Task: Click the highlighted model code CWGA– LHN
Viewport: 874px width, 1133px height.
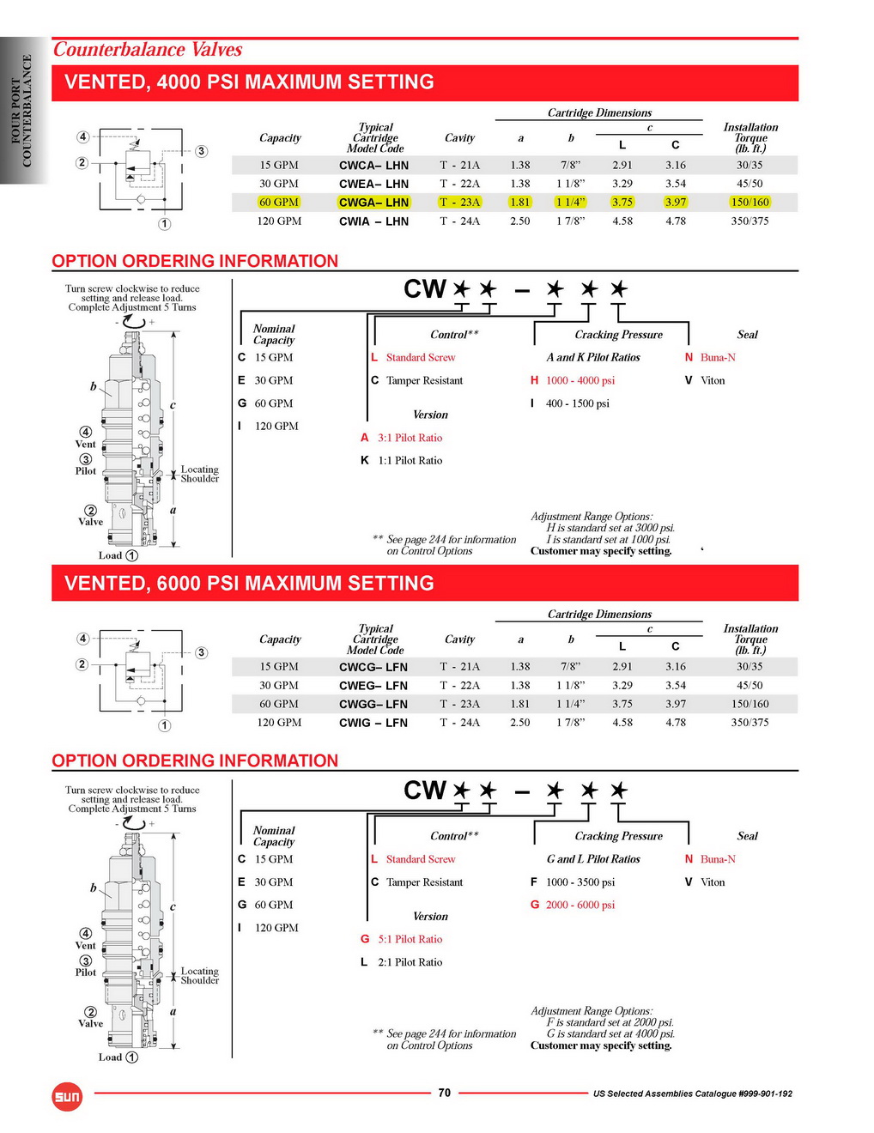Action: [373, 203]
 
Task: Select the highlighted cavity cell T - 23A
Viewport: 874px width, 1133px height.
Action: [459, 203]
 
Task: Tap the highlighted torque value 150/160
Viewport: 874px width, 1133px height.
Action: [750, 203]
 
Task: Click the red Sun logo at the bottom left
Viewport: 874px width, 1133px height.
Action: [67, 1096]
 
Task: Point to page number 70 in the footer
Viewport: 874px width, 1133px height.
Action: [444, 1093]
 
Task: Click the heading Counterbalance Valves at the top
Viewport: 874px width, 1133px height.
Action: [148, 50]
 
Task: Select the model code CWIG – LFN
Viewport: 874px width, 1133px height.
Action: [373, 723]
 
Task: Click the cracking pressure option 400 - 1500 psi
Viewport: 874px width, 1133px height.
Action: [577, 403]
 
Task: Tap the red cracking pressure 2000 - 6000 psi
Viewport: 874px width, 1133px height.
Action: [580, 905]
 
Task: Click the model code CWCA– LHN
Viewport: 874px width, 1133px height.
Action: [373, 166]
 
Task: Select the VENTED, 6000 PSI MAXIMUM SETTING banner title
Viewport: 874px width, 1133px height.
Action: [249, 584]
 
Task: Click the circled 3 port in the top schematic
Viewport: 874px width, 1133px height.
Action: [201, 151]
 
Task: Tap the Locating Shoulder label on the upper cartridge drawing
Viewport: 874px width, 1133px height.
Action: [199, 474]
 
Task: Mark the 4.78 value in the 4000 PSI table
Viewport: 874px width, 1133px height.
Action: [676, 221]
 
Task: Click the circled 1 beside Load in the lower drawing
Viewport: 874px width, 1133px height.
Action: [132, 1057]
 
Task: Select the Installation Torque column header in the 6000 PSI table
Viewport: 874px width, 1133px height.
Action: [750, 639]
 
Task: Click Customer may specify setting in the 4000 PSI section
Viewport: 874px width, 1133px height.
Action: [601, 551]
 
